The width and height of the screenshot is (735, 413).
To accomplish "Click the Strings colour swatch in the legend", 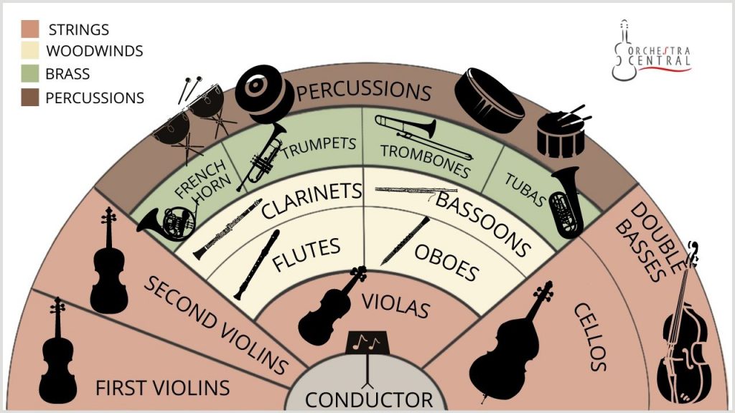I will pyautogui.click(x=29, y=29).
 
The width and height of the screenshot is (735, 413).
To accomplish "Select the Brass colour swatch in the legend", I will pyautogui.click(x=29, y=74).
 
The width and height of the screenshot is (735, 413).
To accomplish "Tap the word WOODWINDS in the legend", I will pyautogui.click(x=94, y=52).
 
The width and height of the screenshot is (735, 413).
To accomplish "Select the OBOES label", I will pyautogui.click(x=446, y=260).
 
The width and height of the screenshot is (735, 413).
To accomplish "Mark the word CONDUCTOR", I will pyautogui.click(x=368, y=399).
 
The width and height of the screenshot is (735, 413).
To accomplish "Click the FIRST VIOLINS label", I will pyautogui.click(x=162, y=388).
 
